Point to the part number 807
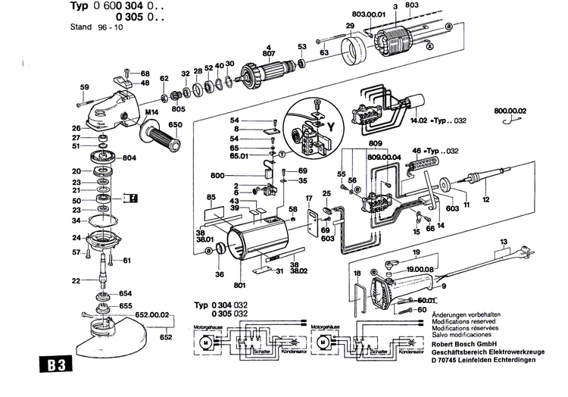pyautogui.click(x=268, y=53)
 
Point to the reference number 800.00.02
pyautogui.click(x=509, y=111)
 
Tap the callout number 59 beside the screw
pyautogui.click(x=85, y=86)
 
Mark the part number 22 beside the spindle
pyautogui.click(x=75, y=281)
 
